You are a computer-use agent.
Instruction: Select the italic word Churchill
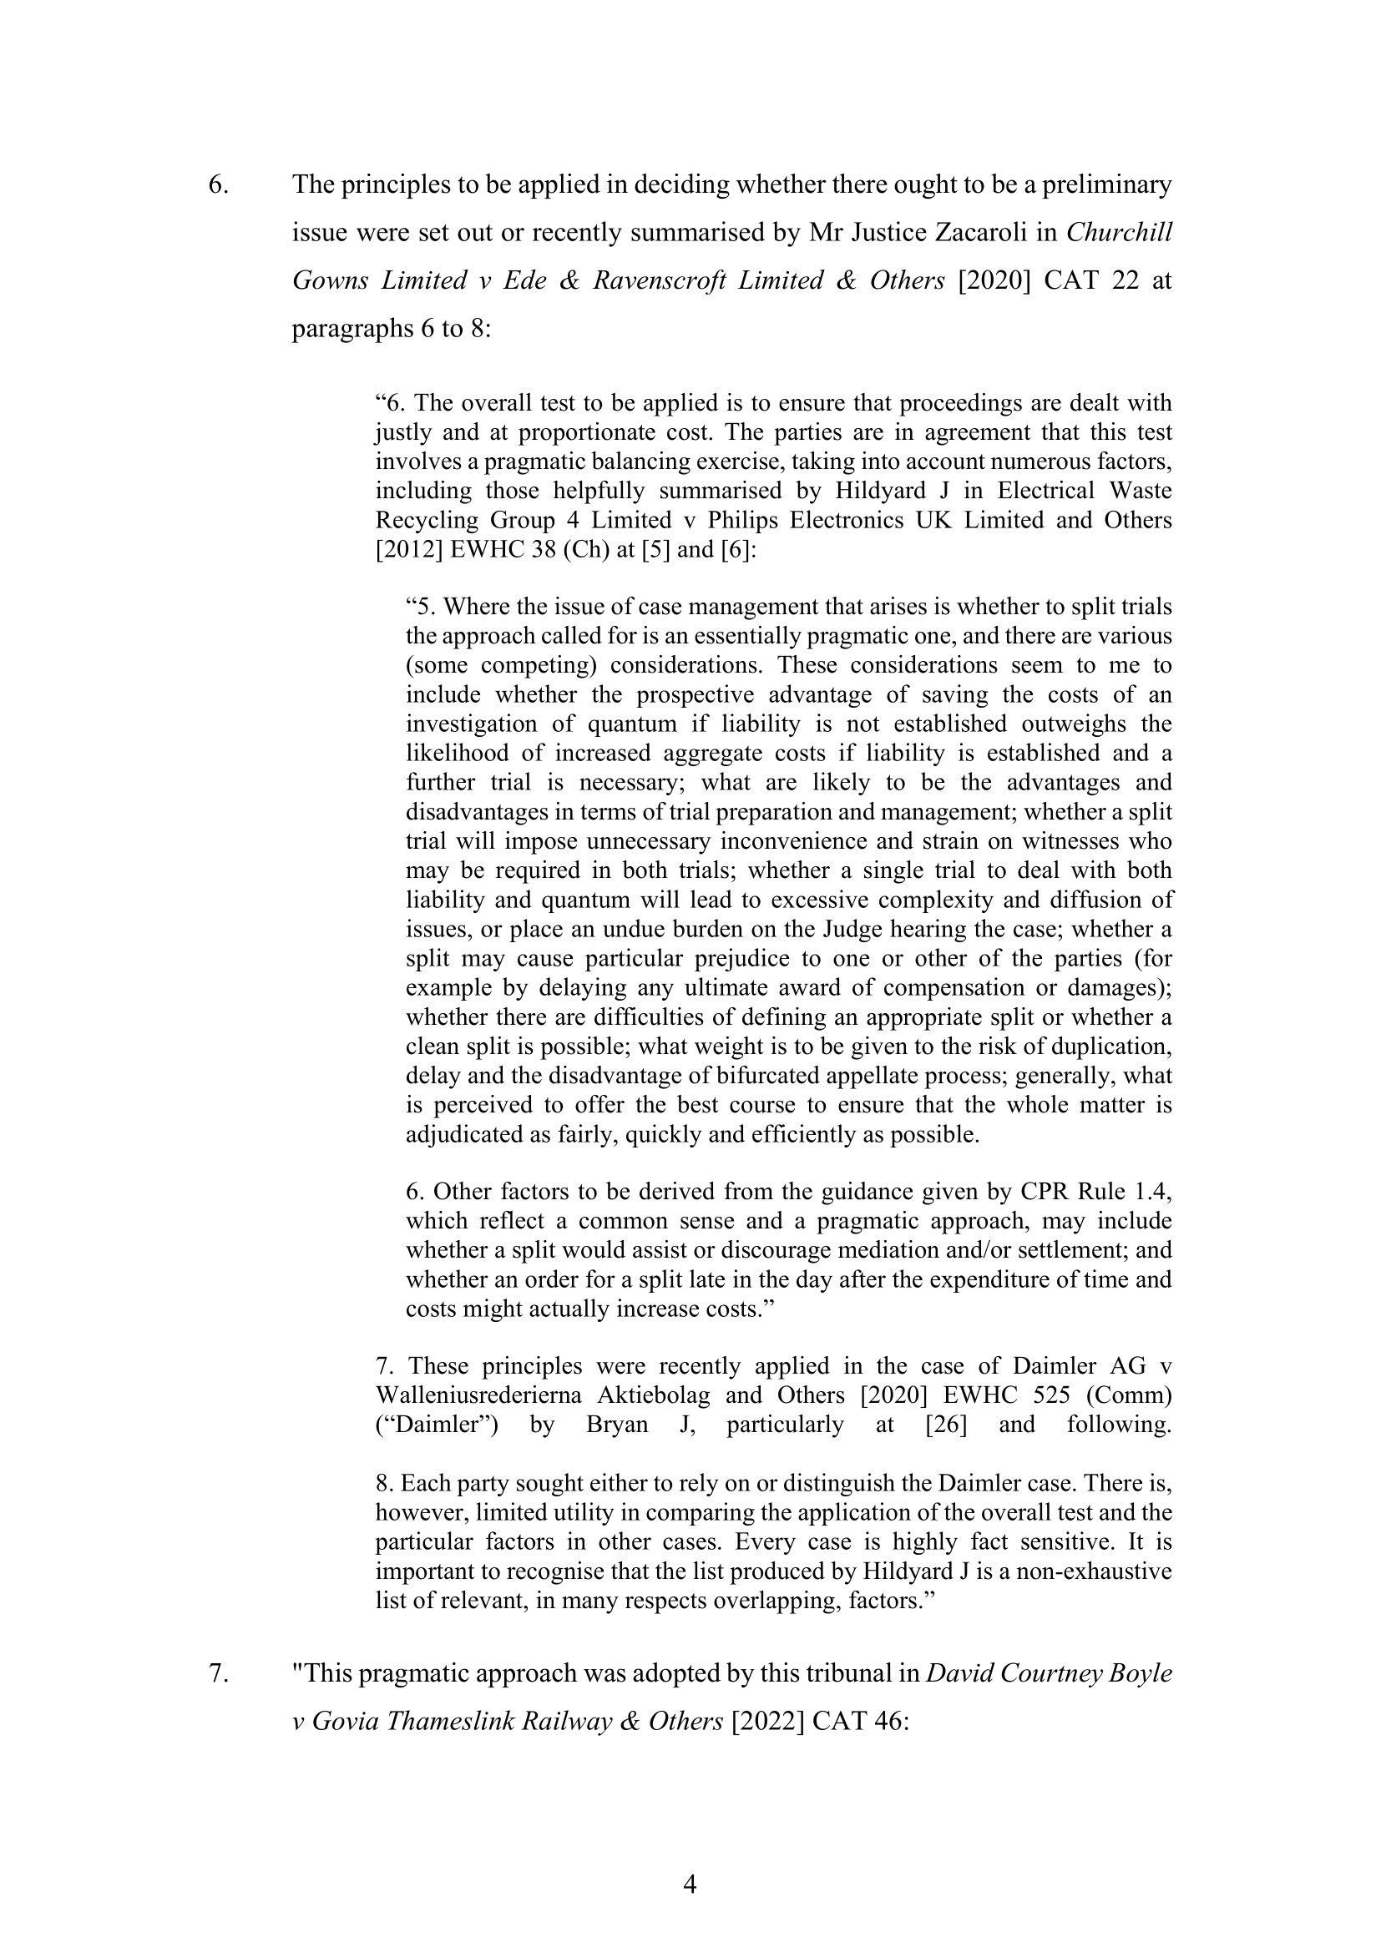[1119, 232]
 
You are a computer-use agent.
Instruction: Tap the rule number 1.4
[1151, 1192]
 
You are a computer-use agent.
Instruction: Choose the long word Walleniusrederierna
[480, 1395]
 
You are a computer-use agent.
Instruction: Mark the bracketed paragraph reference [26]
[946, 1424]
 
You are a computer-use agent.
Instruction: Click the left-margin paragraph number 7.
[218, 1673]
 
